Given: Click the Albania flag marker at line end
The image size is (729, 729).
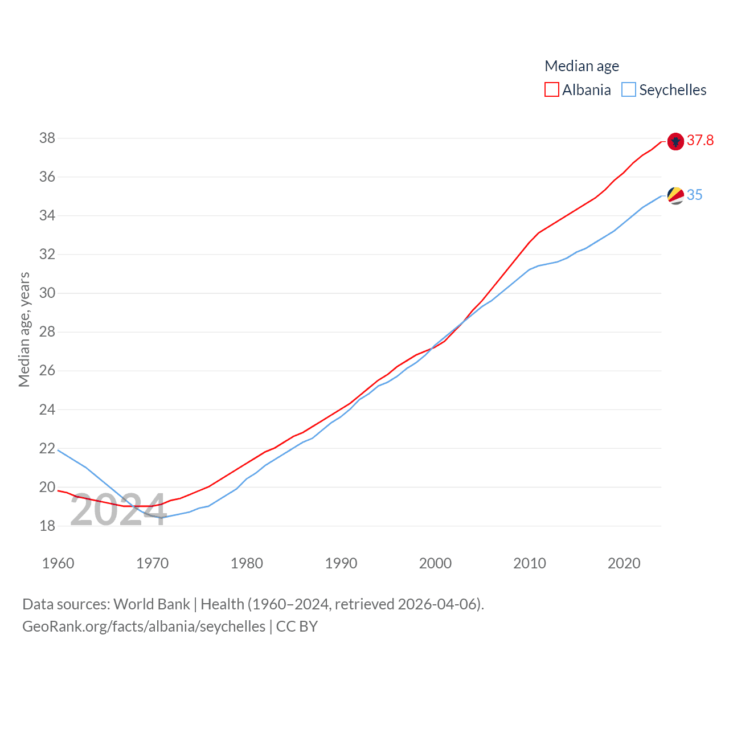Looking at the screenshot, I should [675, 141].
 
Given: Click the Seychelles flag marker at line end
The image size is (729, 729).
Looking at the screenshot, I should [675, 195].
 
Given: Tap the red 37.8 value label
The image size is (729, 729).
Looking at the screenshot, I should [700, 141].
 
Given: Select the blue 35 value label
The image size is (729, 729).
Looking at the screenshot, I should [695, 195].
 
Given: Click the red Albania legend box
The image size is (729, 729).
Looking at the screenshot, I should [551, 90].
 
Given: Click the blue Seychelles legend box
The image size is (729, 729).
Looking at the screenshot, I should [628, 90].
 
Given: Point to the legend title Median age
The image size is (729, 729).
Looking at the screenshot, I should [581, 66].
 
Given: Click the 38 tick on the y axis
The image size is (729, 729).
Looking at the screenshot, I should [47, 138].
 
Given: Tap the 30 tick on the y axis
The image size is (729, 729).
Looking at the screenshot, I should [47, 293].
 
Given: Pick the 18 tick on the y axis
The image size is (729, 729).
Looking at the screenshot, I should [47, 526].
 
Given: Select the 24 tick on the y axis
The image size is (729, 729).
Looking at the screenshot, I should [47, 410].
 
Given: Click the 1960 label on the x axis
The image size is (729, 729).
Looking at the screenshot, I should [58, 564].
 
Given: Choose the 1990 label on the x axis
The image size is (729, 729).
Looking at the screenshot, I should [341, 564].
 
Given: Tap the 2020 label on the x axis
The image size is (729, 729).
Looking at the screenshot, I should [624, 564].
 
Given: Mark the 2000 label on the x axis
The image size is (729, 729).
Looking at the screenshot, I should [435, 564].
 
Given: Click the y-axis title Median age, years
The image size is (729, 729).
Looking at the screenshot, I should [24, 330].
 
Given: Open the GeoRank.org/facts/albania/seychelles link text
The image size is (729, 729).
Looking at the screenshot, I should [144, 626].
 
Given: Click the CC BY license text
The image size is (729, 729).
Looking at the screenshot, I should [297, 626].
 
